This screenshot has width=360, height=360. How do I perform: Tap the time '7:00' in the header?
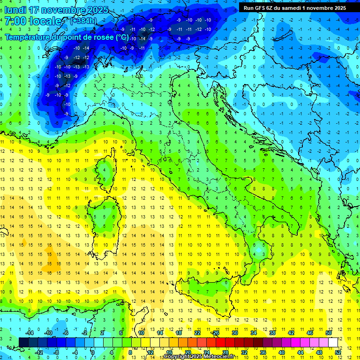coord(16,22)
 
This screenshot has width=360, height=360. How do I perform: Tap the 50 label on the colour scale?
coord(328,333)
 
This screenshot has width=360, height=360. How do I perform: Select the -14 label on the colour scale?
coord(29,333)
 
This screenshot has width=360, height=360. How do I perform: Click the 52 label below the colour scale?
coord(338,352)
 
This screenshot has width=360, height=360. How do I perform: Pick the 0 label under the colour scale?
coord(93,352)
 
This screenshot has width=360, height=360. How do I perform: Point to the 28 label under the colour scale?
coord(225,352)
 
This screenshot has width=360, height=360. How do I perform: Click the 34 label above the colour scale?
coord(253,333)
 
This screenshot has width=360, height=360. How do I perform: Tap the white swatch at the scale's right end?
coord(333,343)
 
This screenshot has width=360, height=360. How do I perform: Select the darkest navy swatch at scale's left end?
coord(23,343)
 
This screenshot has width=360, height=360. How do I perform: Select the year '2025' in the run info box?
coord(338,8)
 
